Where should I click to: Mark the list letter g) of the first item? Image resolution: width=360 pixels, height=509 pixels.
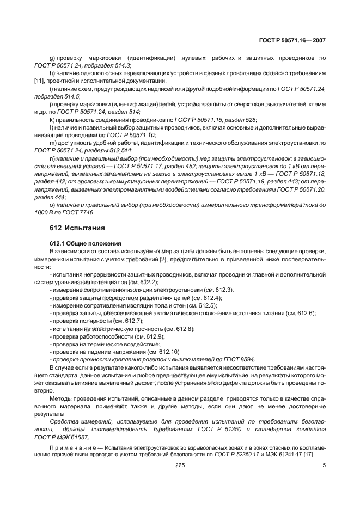pyautogui.click(x=52, y=57)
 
